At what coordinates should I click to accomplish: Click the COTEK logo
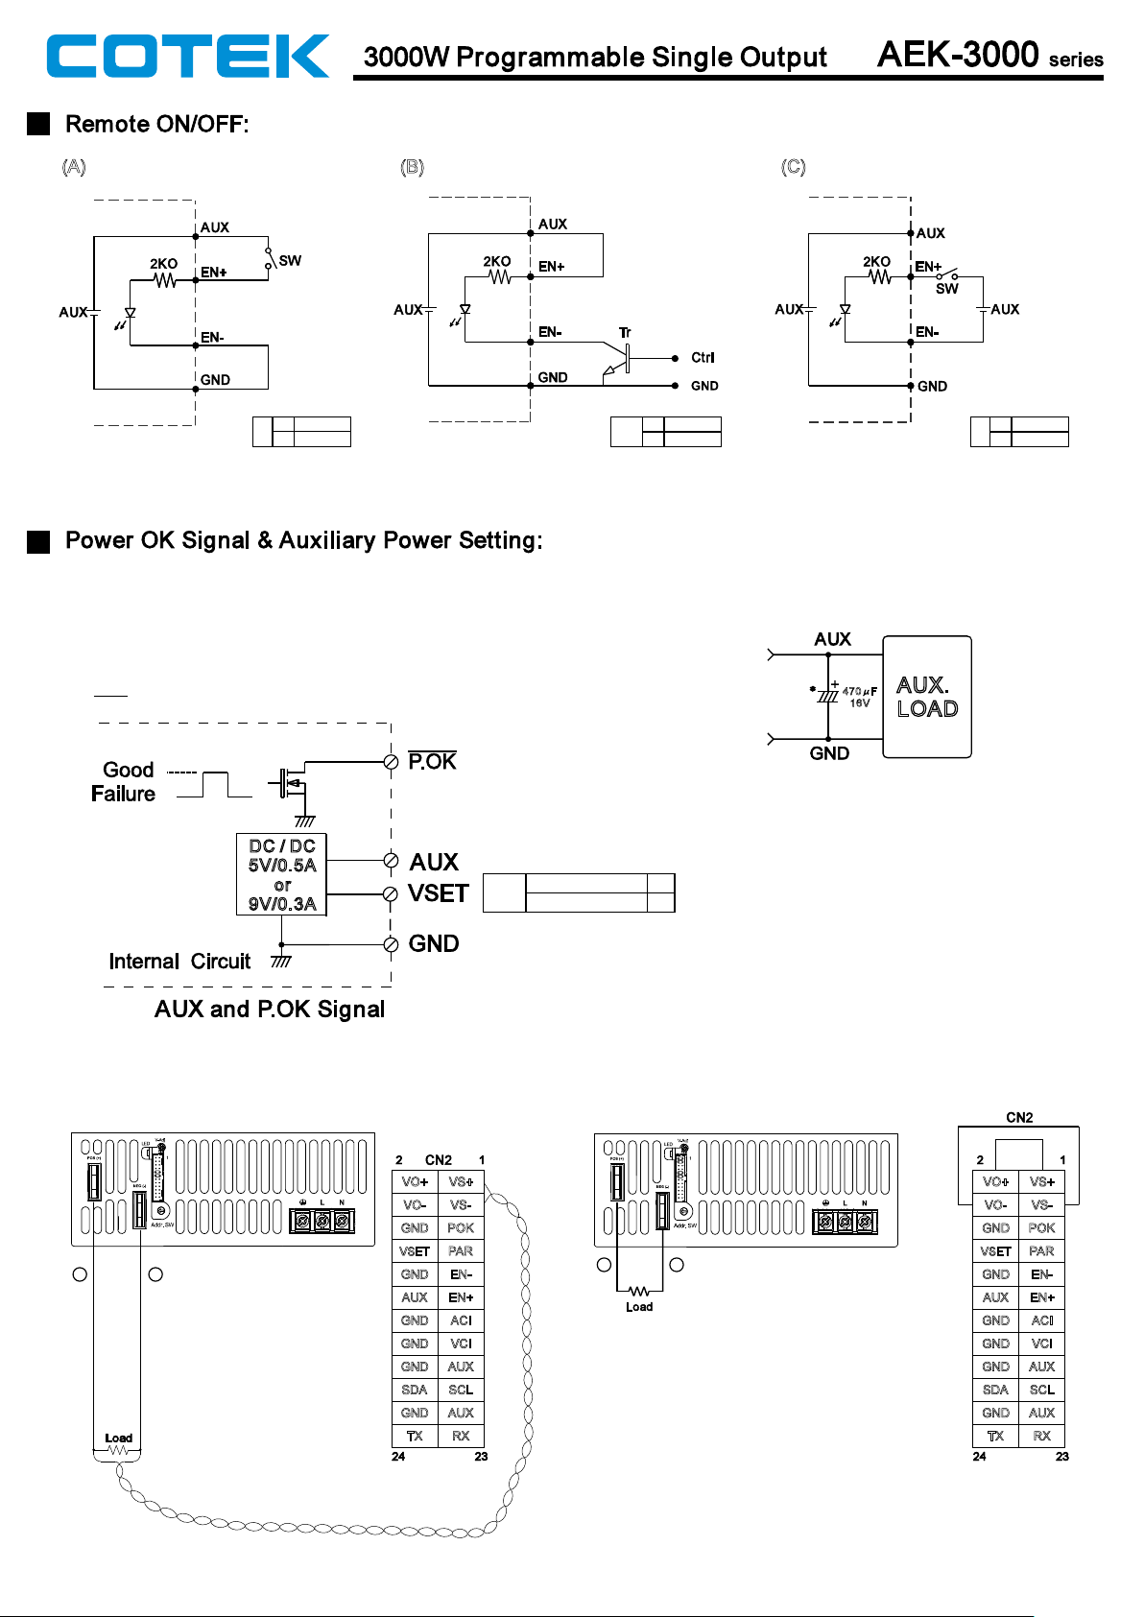[187, 56]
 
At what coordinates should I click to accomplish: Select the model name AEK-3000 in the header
[957, 55]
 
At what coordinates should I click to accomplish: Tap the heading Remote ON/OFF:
[156, 125]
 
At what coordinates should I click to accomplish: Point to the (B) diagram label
[412, 167]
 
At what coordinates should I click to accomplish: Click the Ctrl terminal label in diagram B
[703, 358]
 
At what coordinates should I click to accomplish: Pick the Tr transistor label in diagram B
[625, 333]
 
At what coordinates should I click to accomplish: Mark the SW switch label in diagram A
[290, 261]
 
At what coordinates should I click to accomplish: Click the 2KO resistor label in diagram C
[876, 262]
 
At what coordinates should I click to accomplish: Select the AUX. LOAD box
[927, 697]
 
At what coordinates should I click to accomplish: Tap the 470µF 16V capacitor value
[859, 697]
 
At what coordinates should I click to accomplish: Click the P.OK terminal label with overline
[432, 762]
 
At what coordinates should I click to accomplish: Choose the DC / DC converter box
[282, 874]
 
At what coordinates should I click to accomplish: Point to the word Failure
[123, 795]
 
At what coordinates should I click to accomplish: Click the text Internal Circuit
[179, 962]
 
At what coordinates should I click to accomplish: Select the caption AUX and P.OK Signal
[270, 1010]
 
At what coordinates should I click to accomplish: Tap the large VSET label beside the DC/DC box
[439, 894]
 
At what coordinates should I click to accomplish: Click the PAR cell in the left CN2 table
[461, 1251]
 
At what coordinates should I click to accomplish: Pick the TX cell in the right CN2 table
[995, 1437]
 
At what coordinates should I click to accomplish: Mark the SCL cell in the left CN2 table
[461, 1390]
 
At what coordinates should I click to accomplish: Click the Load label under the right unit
[639, 1307]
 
